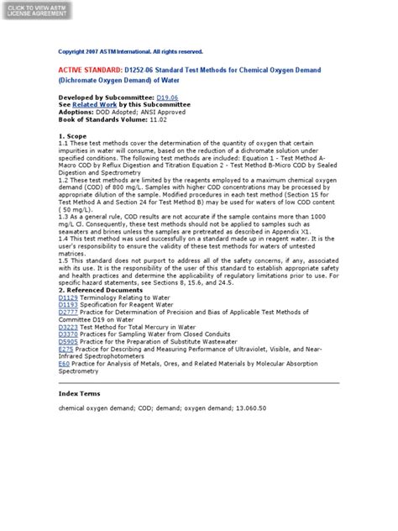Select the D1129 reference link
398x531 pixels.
67,297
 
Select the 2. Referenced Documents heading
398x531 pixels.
101,290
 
